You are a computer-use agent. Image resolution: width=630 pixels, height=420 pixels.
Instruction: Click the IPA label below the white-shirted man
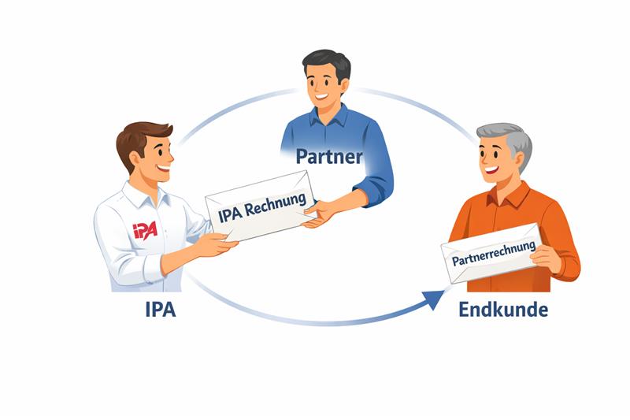click(x=161, y=309)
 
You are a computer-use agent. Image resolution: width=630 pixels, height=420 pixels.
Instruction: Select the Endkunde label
click(x=503, y=309)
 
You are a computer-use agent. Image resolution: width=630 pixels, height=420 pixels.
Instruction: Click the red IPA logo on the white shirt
click(x=145, y=230)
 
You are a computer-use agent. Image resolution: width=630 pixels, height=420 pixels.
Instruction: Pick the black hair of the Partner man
click(x=325, y=62)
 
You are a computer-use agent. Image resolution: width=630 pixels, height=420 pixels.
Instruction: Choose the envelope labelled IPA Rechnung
click(x=260, y=206)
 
